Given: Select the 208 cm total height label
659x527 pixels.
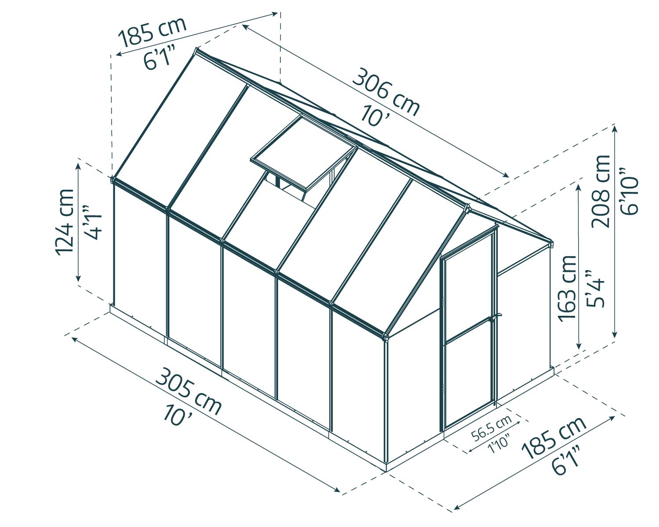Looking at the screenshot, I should click(601, 191).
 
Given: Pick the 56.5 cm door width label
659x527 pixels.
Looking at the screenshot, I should click(492, 428).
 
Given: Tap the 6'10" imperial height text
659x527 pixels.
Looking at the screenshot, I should click(629, 191).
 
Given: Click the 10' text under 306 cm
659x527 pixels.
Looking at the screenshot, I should click(373, 115).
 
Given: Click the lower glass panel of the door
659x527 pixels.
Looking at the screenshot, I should click(468, 378).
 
